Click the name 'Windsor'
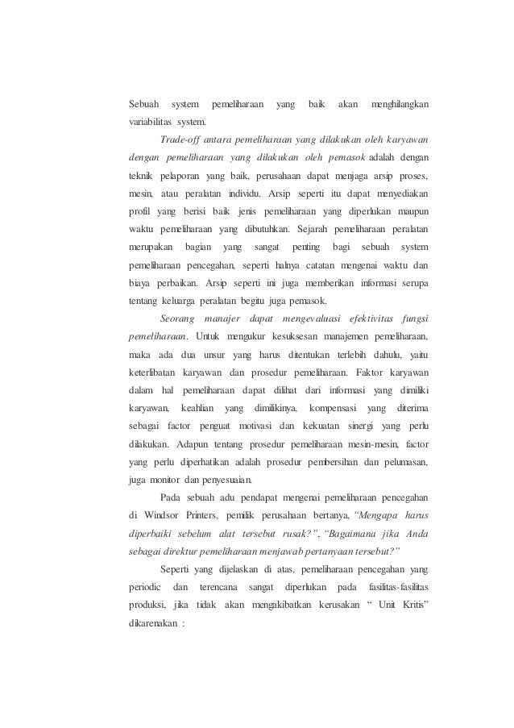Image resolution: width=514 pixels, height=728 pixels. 164,513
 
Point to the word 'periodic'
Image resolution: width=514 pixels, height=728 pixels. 146,584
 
